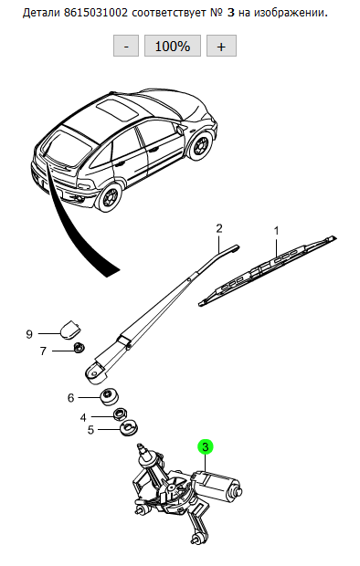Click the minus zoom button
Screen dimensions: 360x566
pyautogui.click(x=126, y=46)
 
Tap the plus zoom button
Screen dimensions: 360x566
pyautogui.click(x=221, y=46)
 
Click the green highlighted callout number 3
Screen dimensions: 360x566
pyautogui.click(x=206, y=447)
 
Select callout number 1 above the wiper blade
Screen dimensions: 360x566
pyautogui.click(x=277, y=231)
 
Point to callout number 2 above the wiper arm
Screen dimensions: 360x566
pyautogui.click(x=219, y=228)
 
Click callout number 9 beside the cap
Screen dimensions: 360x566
pyautogui.click(x=29, y=334)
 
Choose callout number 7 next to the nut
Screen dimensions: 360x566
pyautogui.click(x=43, y=351)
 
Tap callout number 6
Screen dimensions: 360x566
pyautogui.click(x=70, y=398)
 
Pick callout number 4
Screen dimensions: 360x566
pyautogui.click(x=83, y=417)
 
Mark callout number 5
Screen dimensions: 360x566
pyautogui.click(x=90, y=430)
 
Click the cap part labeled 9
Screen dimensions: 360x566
pyautogui.click(x=69, y=330)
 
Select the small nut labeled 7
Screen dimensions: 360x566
pyautogui.click(x=79, y=348)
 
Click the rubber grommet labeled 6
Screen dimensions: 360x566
pyautogui.click(x=108, y=397)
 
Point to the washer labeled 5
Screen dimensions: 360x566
pyautogui.click(x=129, y=428)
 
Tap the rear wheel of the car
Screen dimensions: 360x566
pyautogui.click(x=109, y=196)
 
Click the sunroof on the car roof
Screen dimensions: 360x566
pyautogui.click(x=117, y=110)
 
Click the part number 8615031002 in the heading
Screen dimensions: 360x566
pyautogui.click(x=96, y=14)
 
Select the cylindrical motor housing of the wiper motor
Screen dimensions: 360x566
pyautogui.click(x=216, y=485)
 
